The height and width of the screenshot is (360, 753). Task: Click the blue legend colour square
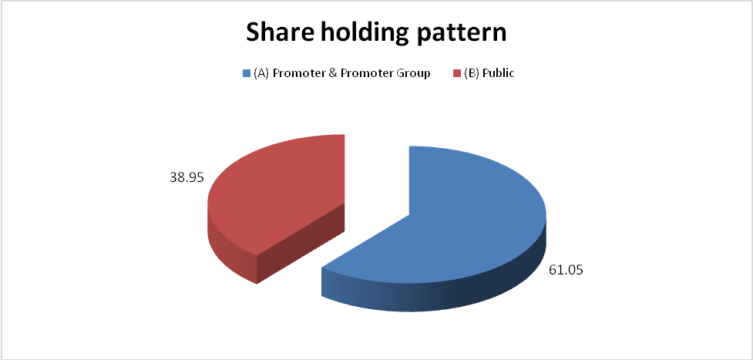tap(247, 73)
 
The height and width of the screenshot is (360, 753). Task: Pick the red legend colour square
tap(458, 73)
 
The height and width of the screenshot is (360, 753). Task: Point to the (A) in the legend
tap(261, 74)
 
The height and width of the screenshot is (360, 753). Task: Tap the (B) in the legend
tap(472, 74)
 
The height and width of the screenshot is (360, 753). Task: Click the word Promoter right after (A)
tap(294, 74)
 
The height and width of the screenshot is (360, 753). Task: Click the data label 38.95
tap(187, 177)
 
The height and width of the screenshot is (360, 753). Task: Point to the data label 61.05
tap(566, 270)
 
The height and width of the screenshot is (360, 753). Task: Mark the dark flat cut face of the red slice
tap(301, 243)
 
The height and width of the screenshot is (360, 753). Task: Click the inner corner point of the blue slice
tap(408, 214)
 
